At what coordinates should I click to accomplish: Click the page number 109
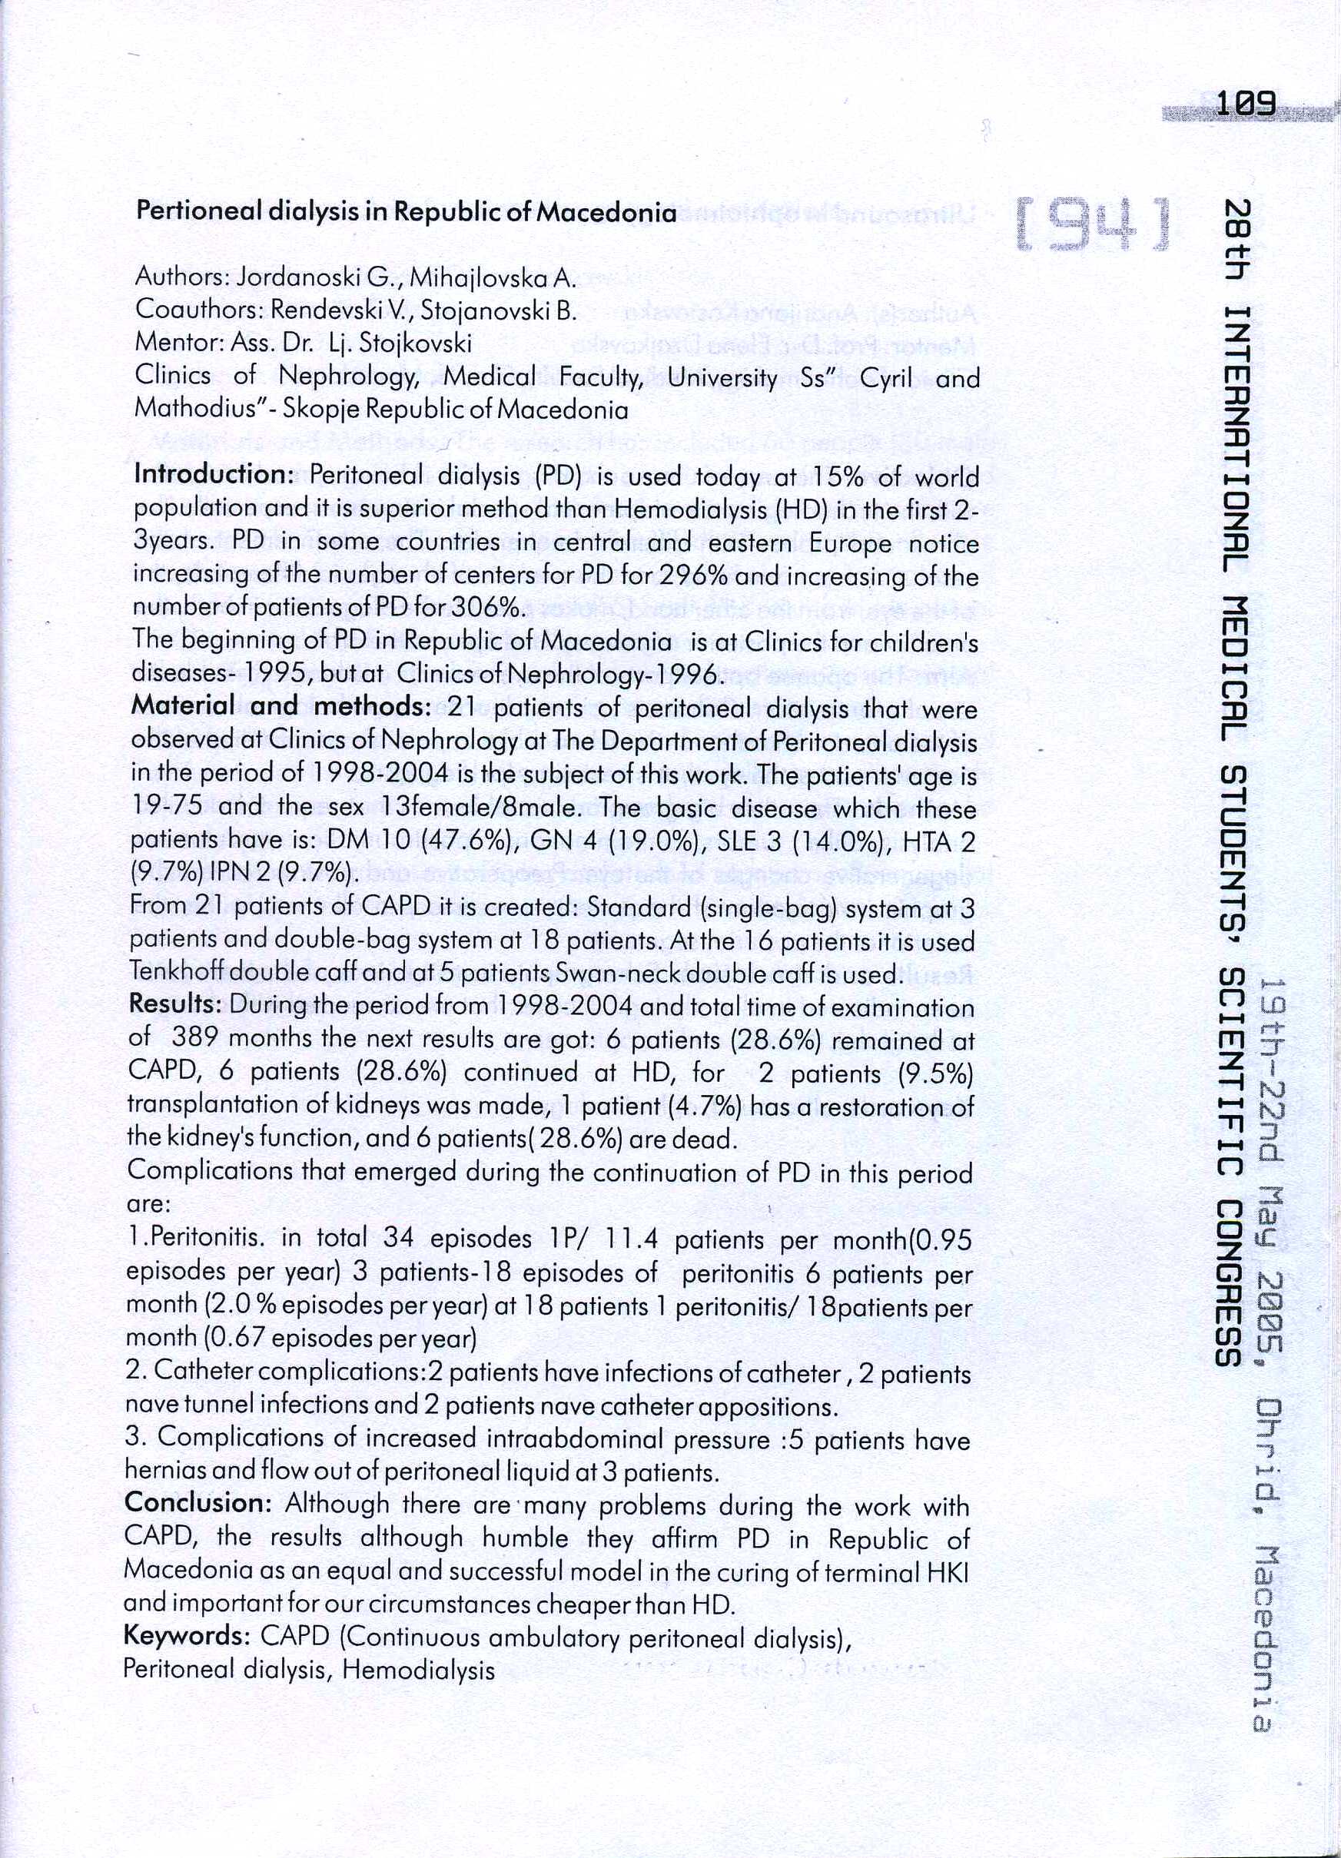point(1246,104)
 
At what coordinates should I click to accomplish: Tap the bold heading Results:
point(174,1004)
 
